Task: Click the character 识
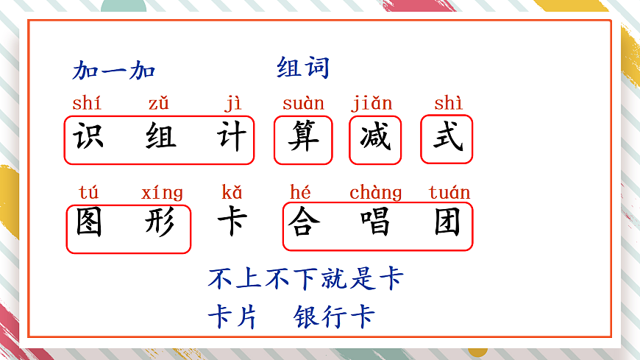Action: [88, 138]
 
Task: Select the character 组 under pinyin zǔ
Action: [160, 138]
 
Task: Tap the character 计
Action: [232, 138]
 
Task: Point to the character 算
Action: [303, 138]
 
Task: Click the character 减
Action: [375, 138]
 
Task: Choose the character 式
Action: [447, 138]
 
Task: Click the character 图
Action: [89, 224]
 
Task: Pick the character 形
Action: [161, 224]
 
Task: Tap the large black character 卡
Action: [232, 222]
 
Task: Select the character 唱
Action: [375, 224]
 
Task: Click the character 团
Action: [447, 224]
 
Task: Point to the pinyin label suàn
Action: [303, 104]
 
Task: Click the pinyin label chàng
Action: [375, 193]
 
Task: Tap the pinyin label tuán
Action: [449, 193]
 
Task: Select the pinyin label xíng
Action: [162, 193]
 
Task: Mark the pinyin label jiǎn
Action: [371, 104]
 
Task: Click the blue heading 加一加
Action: [114, 71]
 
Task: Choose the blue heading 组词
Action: [303, 68]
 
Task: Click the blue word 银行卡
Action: [334, 317]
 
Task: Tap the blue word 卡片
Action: [232, 317]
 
